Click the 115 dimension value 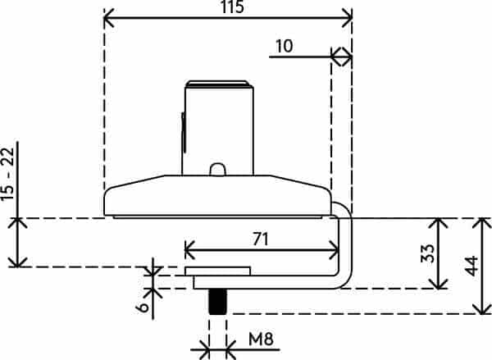pyautogui.click(x=232, y=7)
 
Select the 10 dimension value pyautogui.click(x=285, y=46)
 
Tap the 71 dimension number pyautogui.click(x=261, y=239)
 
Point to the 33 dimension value pyautogui.click(x=428, y=253)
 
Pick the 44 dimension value pyautogui.click(x=471, y=266)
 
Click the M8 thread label pyautogui.click(x=261, y=339)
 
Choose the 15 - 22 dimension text pyautogui.click(x=8, y=174)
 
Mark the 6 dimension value pyautogui.click(x=143, y=307)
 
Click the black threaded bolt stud pyautogui.click(x=217, y=302)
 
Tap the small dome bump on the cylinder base pyautogui.click(x=217, y=170)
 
